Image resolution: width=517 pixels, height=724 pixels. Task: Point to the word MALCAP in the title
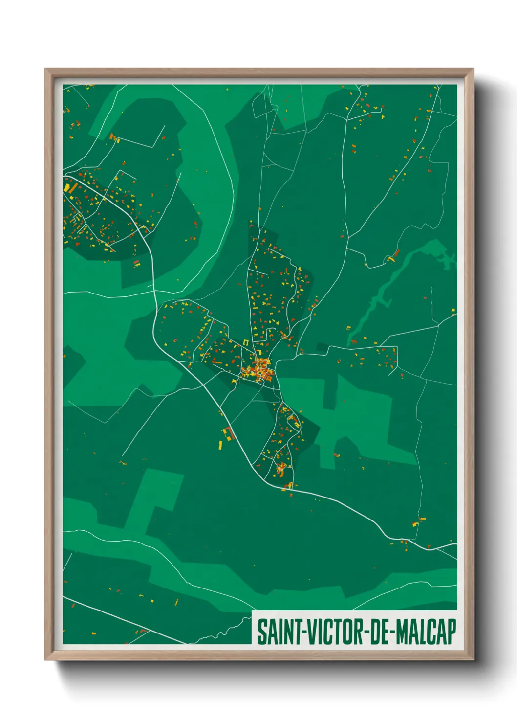[426, 632]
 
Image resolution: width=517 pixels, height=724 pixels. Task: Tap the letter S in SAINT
[261, 632]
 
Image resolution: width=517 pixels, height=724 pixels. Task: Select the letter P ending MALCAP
[452, 632]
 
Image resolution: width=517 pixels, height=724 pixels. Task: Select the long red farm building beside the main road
[229, 433]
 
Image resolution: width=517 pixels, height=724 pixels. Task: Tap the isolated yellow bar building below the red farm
[220, 445]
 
